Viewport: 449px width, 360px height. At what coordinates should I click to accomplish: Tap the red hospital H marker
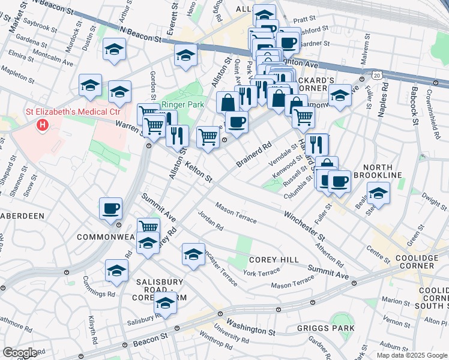click(43, 125)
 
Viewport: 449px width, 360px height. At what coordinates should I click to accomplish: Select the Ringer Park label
click(183, 103)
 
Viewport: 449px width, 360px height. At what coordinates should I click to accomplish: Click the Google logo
click(20, 353)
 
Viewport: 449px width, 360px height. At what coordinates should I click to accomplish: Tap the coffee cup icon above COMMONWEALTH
click(111, 209)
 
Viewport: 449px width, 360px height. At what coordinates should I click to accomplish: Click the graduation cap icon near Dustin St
click(114, 50)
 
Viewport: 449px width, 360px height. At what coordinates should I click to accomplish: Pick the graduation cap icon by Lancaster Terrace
click(193, 254)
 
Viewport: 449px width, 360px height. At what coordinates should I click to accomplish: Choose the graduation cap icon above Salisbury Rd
click(165, 304)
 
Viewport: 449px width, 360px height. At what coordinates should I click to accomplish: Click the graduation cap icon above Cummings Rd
click(116, 271)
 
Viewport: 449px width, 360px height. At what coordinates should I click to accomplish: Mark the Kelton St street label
click(199, 171)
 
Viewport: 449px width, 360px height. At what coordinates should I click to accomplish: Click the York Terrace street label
click(261, 272)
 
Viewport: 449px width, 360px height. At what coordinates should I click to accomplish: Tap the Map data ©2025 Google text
click(411, 355)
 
